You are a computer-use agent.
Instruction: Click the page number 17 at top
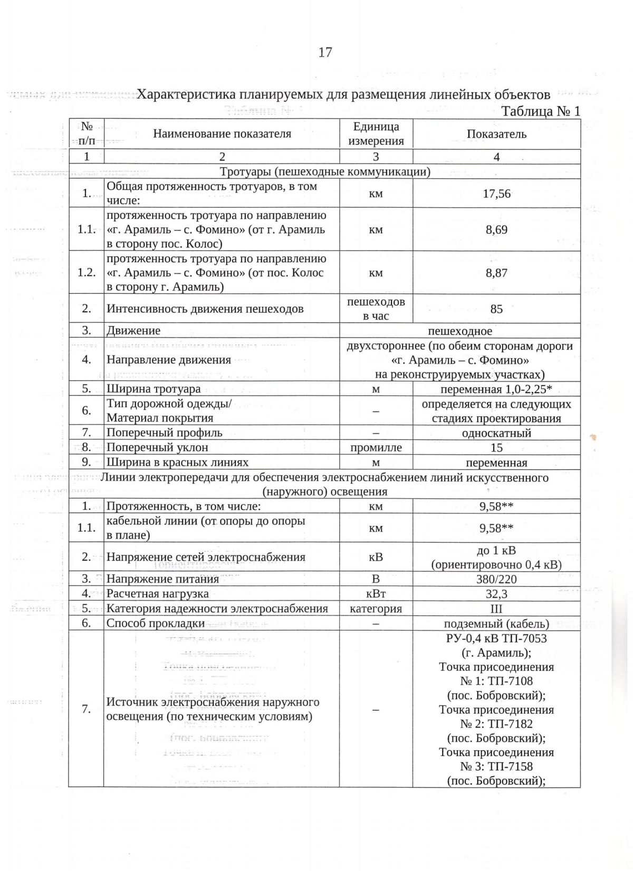point(325,52)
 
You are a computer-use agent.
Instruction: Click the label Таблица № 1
point(540,111)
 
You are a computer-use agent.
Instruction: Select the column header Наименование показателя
point(222,133)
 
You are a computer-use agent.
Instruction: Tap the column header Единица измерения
point(376,133)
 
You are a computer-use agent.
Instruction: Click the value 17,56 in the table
point(496,194)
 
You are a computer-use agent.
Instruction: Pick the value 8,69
point(496,229)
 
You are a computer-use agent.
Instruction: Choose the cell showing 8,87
point(496,273)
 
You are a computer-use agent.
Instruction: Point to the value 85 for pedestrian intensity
point(496,309)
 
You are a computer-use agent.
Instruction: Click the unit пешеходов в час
point(376,309)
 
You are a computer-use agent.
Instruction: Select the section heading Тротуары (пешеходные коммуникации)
point(325,171)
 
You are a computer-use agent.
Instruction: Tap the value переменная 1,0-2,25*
point(496,389)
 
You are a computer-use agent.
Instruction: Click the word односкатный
point(496,433)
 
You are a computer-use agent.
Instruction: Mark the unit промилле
point(376,447)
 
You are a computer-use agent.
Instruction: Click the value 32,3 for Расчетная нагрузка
point(496,594)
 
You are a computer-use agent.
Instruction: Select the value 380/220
point(496,579)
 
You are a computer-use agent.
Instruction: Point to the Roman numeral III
point(496,608)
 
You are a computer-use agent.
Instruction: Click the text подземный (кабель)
point(496,624)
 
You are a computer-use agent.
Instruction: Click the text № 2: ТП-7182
point(496,724)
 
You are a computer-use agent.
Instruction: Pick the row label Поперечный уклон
point(157,447)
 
